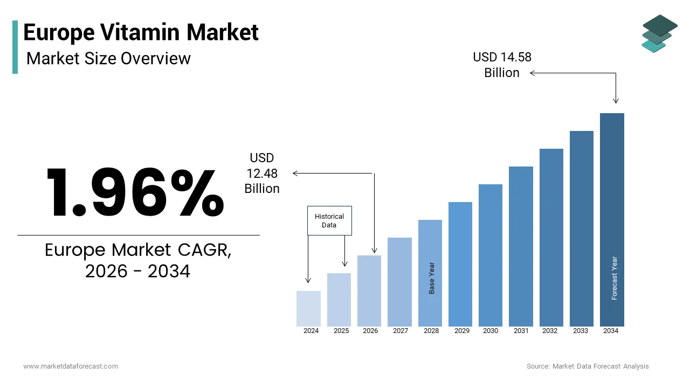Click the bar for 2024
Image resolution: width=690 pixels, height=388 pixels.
308,308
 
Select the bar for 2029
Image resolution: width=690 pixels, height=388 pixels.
460,264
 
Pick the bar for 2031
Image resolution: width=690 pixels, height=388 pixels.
521,246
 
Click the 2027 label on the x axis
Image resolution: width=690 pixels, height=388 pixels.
401,331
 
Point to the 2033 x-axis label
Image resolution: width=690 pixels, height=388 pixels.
581,331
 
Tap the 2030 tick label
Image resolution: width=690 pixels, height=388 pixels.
491,331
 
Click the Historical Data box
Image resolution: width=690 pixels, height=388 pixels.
329,220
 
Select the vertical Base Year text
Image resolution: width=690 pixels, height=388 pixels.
431,278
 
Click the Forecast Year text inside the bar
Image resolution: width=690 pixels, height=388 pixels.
614,278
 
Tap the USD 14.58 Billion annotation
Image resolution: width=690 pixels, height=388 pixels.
502,65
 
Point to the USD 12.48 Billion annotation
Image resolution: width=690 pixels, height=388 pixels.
262,173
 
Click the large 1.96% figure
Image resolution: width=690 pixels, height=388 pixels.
135,192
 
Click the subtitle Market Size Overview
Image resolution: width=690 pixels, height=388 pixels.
108,58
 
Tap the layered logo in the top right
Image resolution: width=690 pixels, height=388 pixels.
659,33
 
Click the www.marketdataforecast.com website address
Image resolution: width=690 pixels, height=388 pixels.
71,366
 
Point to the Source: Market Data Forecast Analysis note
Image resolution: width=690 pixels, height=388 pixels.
588,366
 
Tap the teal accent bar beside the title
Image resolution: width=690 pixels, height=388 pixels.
15,47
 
